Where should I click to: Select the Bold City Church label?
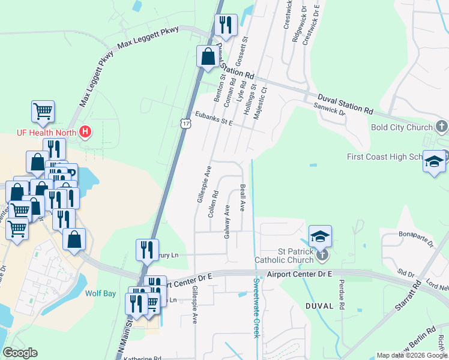tap(402, 127)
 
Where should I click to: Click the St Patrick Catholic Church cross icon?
tap(322, 255)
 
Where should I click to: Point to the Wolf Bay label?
tap(101, 294)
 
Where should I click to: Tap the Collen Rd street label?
tap(212, 204)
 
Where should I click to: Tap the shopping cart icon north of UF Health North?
tap(43, 111)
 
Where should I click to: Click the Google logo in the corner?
tap(20, 353)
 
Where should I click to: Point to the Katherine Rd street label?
tap(142, 358)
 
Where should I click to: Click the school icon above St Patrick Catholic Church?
tap(320, 235)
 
